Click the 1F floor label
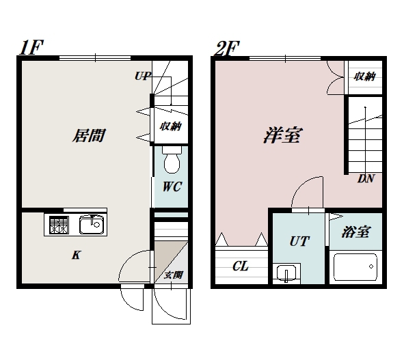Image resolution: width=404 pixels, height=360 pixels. coord(32,49)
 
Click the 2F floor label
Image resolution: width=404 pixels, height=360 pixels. coord(227,49)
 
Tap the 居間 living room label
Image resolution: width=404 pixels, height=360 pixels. coord(89,135)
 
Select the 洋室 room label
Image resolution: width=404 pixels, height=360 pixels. coord(282,135)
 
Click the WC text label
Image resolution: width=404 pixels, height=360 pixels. coord(171,186)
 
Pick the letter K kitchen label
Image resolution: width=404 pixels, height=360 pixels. coord(77,255)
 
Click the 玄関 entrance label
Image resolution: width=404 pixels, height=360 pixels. coord(174,275)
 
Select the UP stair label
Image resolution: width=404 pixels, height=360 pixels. coord(142,76)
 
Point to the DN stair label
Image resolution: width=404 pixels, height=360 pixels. coord(366,180)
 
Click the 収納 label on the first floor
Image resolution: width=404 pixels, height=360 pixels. coord(170,126)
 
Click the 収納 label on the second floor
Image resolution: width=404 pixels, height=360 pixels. coord(364,77)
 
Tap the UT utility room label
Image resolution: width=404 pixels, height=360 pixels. coord(300,241)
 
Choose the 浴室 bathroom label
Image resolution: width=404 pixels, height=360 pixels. coord(355,232)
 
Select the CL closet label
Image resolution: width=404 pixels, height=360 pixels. coord(241,266)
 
